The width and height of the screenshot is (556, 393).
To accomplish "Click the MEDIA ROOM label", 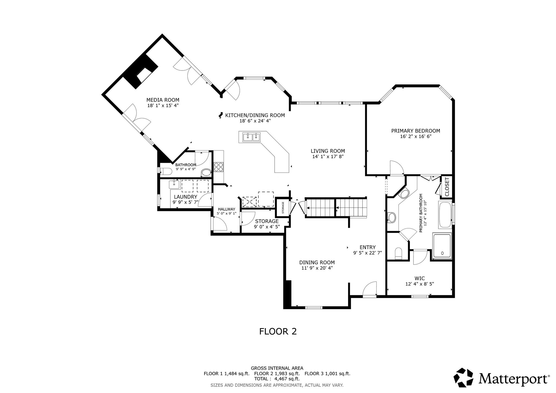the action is tap(163, 100).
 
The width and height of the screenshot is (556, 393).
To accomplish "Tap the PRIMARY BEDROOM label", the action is tap(416, 131).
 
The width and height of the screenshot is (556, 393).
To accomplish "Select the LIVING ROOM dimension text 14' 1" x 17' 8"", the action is tap(328, 157).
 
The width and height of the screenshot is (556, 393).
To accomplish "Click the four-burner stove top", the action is tap(219, 167).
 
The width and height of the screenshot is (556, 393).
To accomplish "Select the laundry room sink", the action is tap(174, 185).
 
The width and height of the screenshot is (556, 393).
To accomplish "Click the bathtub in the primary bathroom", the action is tap(445, 215).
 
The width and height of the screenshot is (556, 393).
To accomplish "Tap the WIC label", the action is tap(420, 278).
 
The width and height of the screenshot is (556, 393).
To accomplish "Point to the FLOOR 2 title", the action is tap(278, 331).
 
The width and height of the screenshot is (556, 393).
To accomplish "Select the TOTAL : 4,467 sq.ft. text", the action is tap(277, 379).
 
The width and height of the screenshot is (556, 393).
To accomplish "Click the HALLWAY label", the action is tap(227, 209).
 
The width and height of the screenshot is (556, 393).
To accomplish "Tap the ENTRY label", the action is tap(368, 247).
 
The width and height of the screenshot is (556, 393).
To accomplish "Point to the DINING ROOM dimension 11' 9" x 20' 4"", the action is tap(317, 268).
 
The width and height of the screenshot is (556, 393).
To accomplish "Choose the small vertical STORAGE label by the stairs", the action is tap(283, 207).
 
